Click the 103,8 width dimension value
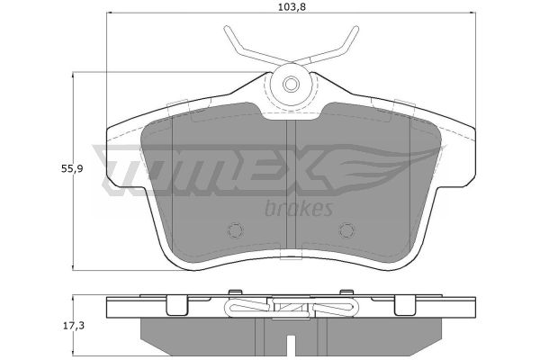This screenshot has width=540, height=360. coord(292,7)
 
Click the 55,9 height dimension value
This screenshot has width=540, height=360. coord(72,169)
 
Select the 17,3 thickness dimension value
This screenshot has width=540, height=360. coord(73,325)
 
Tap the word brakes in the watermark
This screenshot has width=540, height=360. coord(299,209)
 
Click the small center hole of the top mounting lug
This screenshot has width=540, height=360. coord(292,84)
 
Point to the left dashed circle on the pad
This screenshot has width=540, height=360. coord(236,230)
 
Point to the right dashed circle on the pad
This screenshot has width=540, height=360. coord(346,230)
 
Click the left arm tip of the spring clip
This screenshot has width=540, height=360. coord(226,28)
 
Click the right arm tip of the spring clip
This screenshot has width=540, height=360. coord(356,28)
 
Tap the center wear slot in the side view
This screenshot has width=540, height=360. coord(292,346)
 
